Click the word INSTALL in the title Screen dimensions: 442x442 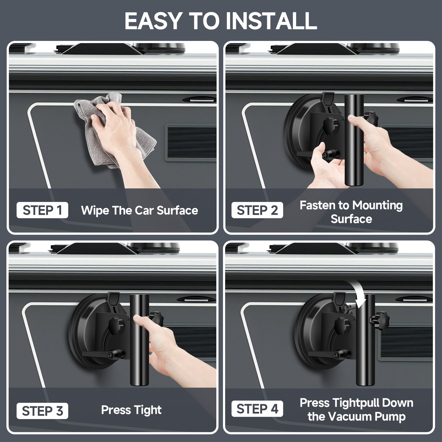[x=271, y=21]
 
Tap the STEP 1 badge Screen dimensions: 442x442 [x=42, y=210]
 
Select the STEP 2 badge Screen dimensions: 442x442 [x=257, y=210]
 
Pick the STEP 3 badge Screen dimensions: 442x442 [x=42, y=410]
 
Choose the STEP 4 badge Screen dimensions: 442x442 [x=257, y=409]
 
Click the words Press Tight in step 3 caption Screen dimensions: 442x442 [x=131, y=410]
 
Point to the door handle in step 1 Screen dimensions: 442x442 [x=199, y=100]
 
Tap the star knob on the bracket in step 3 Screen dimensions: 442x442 [x=116, y=325]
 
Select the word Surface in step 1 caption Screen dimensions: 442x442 [x=177, y=210]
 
